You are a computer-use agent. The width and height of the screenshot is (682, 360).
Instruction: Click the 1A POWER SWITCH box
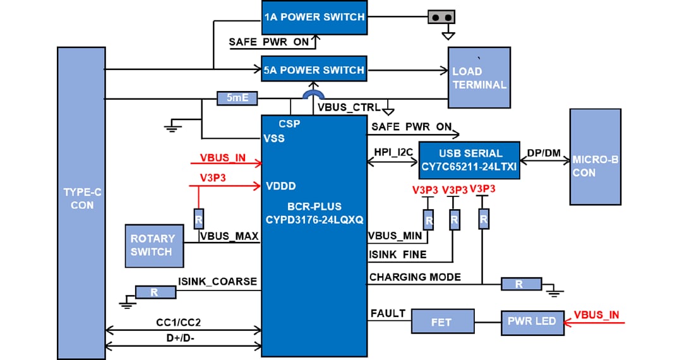pos(314,17)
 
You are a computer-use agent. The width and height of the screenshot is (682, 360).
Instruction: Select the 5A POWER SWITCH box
pos(314,69)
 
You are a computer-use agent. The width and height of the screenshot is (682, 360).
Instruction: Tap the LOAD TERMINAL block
pos(479,78)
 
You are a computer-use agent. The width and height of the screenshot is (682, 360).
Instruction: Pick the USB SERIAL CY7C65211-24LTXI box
pos(470,160)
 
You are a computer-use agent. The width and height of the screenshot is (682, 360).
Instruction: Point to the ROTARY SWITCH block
pos(152,245)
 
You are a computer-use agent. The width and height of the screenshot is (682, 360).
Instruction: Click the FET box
pos(442,322)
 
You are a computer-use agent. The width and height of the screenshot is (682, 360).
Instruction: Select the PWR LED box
pos(531,321)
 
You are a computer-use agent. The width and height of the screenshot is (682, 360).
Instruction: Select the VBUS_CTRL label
pos(349,107)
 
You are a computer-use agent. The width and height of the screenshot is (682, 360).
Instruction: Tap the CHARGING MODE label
pos(415,277)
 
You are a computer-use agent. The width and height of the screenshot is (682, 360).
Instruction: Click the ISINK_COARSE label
pos(217,282)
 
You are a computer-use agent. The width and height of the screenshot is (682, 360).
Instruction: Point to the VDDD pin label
pos(280,186)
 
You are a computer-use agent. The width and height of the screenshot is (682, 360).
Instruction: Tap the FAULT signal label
pos(388,313)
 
